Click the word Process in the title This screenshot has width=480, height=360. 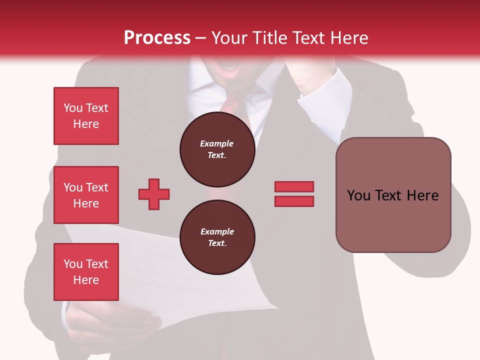pos(157,38)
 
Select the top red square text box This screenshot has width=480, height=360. pos(86,116)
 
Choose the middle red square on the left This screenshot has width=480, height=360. pos(86,195)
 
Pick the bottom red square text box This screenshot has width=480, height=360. pos(86,272)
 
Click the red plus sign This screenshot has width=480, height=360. pos(154,194)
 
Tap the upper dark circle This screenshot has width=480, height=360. pos(217,149)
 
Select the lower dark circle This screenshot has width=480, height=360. pos(217,237)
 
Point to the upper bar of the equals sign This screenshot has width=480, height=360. pos(294,186)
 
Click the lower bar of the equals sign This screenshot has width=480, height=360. pos(294,201)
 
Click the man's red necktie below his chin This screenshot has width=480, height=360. pos(230,102)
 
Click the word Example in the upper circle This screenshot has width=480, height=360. pos(217,143)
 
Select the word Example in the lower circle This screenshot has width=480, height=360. pos(217,231)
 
